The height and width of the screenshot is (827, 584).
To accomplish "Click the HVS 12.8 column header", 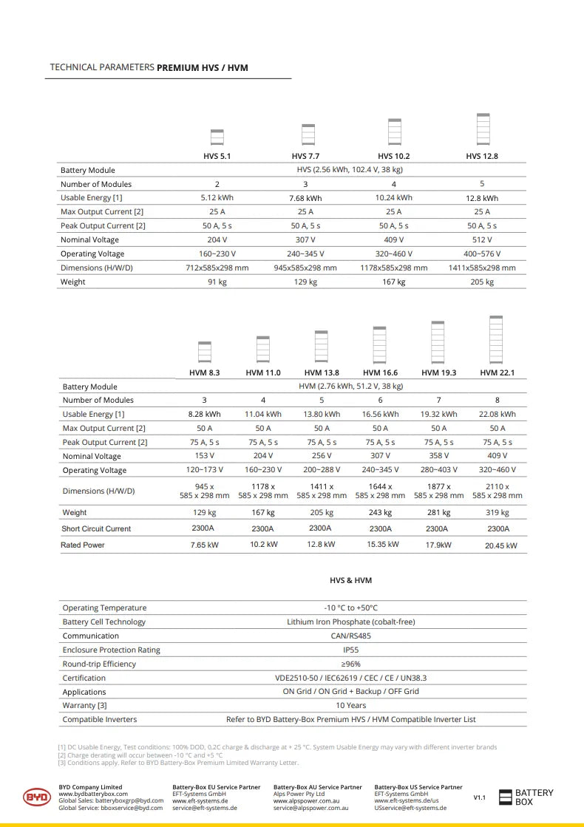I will [x=482, y=156].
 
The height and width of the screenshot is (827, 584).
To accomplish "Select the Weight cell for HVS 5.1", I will [x=217, y=282].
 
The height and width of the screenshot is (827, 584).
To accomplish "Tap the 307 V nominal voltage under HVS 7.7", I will [x=305, y=240].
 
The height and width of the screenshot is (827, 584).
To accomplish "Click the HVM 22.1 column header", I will [x=498, y=372].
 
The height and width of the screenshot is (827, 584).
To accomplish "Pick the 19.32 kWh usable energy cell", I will [x=439, y=415].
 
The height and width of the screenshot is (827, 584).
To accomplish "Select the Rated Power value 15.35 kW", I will [x=381, y=545].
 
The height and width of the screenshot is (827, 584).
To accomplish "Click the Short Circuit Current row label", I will [x=96, y=528].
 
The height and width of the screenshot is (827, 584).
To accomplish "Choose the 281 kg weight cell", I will [x=439, y=512].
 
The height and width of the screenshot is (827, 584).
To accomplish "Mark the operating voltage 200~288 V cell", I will [x=322, y=470].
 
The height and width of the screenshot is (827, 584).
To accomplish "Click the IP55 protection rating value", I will [x=351, y=650].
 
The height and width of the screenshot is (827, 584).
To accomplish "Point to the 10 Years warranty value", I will [x=351, y=705].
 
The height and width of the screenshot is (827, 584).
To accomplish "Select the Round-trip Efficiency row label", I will [x=99, y=664].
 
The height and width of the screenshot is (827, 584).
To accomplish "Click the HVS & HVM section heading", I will [x=351, y=580].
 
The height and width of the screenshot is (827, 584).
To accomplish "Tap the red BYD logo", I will [x=36, y=797].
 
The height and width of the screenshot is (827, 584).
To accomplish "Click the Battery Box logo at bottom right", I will [x=526, y=797].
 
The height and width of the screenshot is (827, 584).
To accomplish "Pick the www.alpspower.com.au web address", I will [x=306, y=800].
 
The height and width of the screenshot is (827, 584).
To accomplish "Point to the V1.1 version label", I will [x=480, y=797].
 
